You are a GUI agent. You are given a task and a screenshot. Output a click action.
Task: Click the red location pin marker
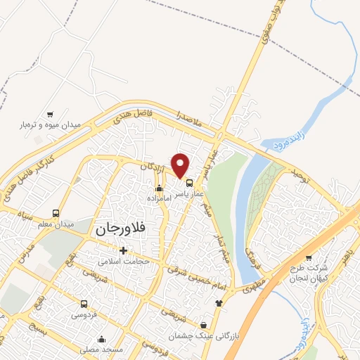click(x=181, y=165)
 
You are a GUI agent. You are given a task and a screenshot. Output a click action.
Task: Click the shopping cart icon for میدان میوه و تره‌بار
click(x=49, y=115)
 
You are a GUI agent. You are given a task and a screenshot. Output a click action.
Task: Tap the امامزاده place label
click(x=160, y=198)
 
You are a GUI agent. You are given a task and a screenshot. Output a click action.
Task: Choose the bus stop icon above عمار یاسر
click(x=189, y=183)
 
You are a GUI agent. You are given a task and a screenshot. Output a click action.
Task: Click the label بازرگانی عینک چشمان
click(x=204, y=336)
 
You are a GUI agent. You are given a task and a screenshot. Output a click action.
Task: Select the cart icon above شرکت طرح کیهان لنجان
click(x=308, y=257)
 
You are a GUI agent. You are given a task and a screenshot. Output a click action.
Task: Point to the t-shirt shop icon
click(x=219, y=303)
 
